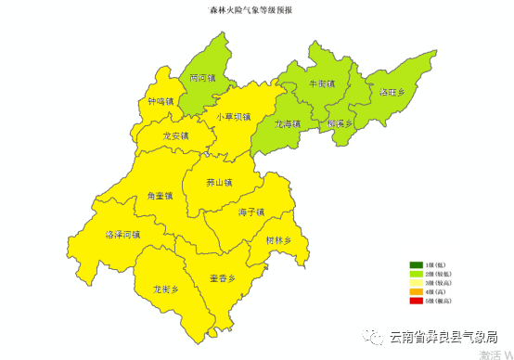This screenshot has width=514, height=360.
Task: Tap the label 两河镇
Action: (x=201, y=79)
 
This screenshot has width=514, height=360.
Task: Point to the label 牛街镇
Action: (x=321, y=84)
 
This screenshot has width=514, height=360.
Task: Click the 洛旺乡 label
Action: (x=392, y=93)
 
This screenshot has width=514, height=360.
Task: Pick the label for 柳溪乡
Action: (x=341, y=122)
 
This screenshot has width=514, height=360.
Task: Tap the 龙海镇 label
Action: (x=288, y=123)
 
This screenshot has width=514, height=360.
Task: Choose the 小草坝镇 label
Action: (x=234, y=117)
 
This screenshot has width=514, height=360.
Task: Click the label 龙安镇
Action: (x=174, y=135)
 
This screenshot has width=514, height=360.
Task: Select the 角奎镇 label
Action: (x=160, y=197)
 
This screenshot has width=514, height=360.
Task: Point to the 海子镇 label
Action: (x=251, y=212)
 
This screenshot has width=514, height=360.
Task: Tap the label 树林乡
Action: (x=278, y=240)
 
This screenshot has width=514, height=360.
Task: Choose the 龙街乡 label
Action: (x=165, y=289)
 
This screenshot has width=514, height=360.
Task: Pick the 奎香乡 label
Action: (x=222, y=278)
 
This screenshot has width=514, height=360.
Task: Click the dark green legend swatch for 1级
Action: (x=417, y=265)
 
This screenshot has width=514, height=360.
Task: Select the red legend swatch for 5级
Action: (x=417, y=301)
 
